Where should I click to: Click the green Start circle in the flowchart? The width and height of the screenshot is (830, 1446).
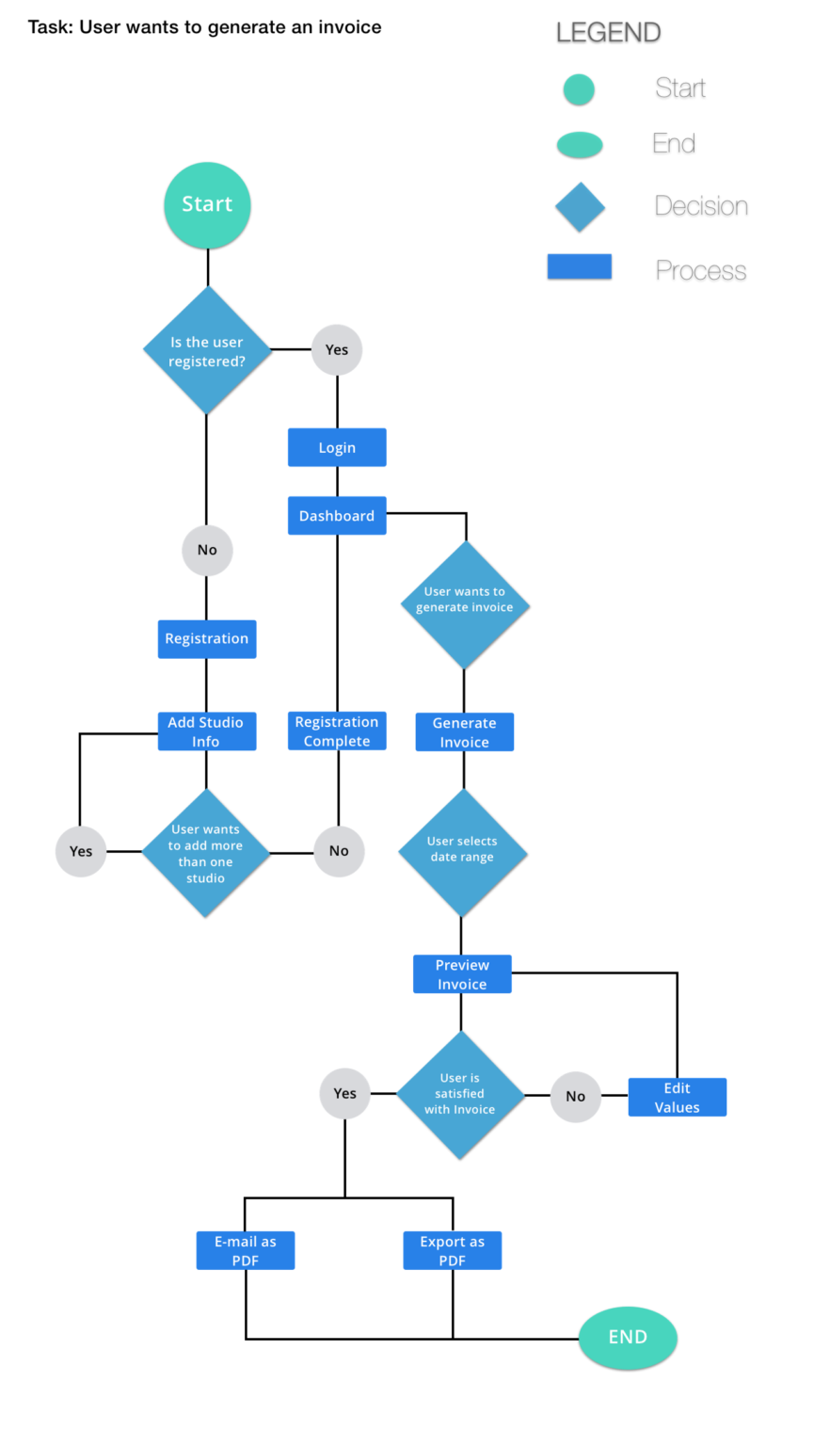pos(207,205)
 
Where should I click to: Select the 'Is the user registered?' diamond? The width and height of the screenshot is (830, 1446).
pos(207,350)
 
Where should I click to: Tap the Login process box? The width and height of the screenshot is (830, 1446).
pos(337,448)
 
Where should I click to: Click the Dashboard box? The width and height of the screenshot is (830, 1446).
pos(337,516)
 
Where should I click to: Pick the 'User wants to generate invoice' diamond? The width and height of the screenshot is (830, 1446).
pos(465,604)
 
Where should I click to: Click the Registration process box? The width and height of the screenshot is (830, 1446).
pos(207,639)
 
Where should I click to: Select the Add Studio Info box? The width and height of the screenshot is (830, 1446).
pos(206,731)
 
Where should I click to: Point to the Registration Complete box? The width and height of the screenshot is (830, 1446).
pos(337,731)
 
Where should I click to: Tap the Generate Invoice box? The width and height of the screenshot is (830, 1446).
pos(465,732)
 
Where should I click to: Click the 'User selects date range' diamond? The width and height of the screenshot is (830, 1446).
pos(462,852)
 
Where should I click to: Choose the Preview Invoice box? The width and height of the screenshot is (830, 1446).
pos(462,974)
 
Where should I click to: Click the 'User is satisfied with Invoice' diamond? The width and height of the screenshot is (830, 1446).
pos(460,1095)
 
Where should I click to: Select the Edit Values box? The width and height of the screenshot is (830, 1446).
pos(677,1098)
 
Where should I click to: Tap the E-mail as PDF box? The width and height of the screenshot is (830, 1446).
pos(246,1250)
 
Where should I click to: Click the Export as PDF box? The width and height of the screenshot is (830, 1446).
pos(453,1250)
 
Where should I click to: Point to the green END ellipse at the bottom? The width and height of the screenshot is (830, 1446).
pos(628,1337)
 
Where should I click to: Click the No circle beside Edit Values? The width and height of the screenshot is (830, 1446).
pos(576,1097)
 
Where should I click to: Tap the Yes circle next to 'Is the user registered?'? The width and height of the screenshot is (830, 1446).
pos(337,350)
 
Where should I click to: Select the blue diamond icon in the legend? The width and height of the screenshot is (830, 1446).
pos(580,206)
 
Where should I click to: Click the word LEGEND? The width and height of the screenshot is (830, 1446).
pos(608,32)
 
